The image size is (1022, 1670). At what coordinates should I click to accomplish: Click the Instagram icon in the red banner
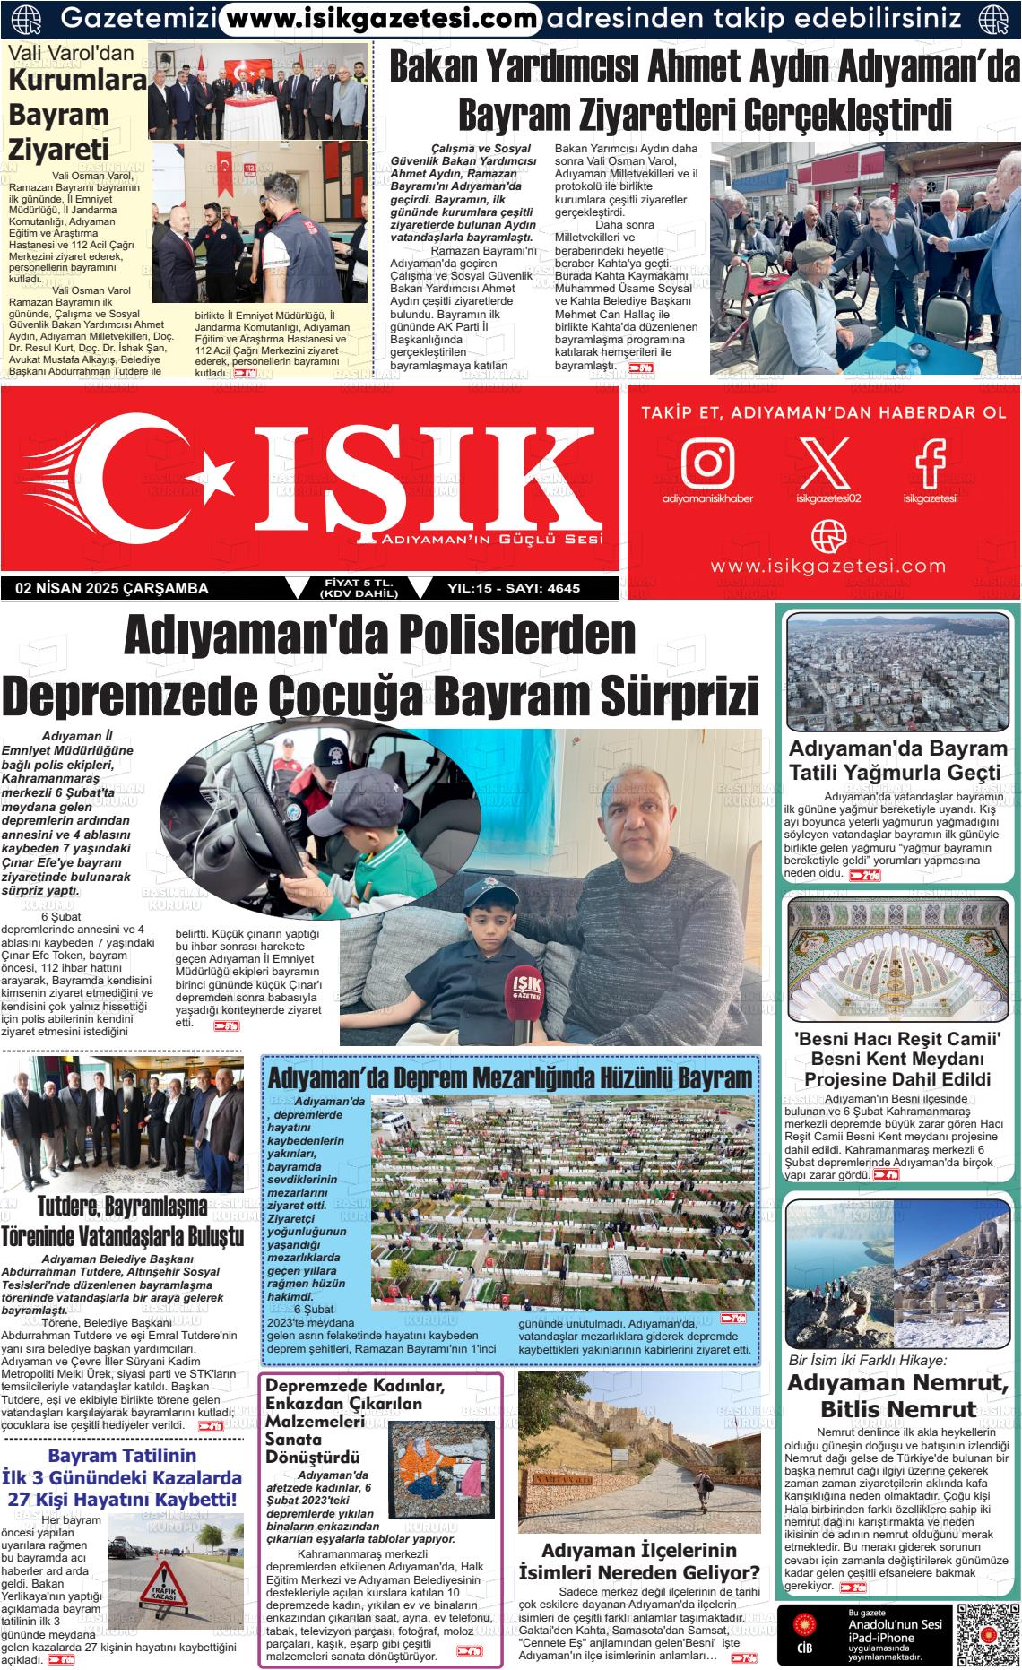point(707,462)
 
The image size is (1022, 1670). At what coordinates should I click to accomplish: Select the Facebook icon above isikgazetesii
point(930,462)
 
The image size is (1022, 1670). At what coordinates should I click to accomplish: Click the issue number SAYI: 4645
point(541,589)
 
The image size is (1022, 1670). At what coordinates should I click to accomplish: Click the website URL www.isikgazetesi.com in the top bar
point(380,17)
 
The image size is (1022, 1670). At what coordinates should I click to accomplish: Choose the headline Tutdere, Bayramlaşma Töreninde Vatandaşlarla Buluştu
point(123,1221)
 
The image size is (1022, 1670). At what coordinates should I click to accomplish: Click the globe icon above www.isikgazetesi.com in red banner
point(827,536)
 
